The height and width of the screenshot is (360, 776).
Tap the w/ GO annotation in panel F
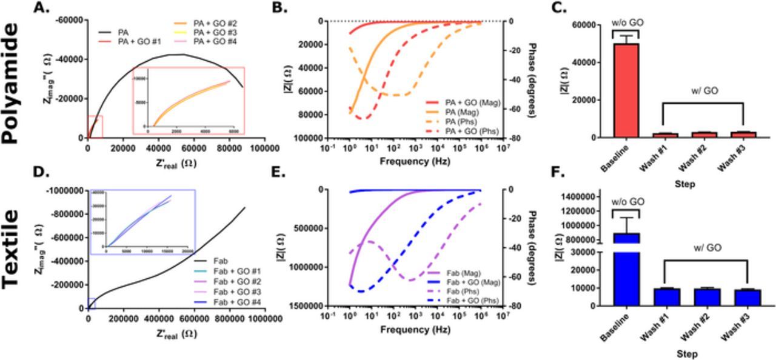(x=706, y=247)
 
